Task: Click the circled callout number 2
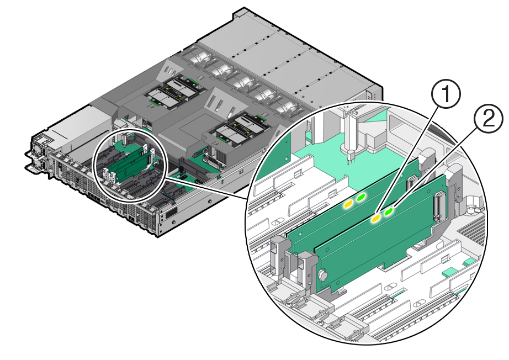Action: [488, 120]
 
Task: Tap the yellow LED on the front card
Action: [375, 219]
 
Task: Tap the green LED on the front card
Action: [389, 211]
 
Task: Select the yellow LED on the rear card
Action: [348, 205]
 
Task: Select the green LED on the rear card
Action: [361, 197]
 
